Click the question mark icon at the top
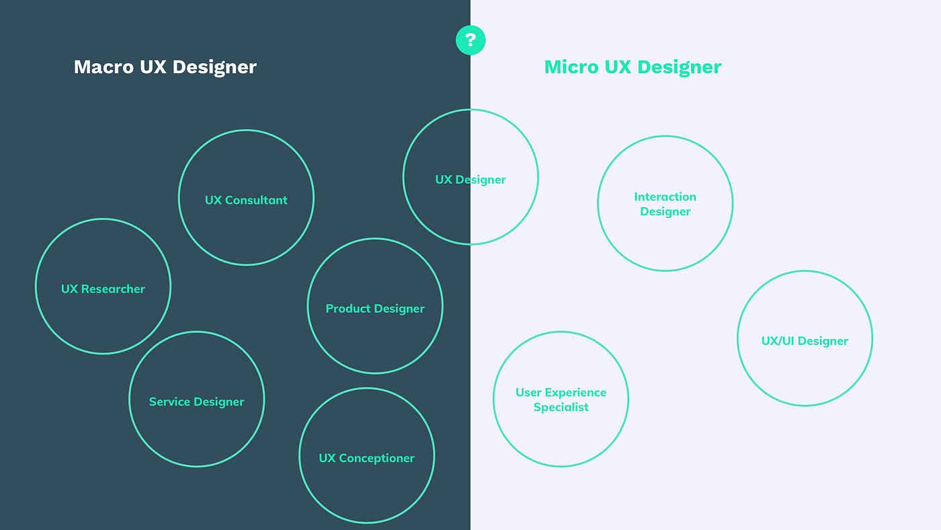coord(470,40)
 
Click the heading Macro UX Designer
coord(165,67)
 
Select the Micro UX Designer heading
coord(632,67)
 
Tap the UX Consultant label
coord(246,200)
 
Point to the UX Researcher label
coord(103,289)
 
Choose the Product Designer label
coord(375,308)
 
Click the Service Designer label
coord(196,402)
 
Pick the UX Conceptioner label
coord(366,458)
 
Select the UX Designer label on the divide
coord(470,180)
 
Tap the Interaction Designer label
coord(665,204)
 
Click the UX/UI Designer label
coord(805,340)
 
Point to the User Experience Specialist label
coord(561,400)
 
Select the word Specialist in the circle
coord(561,407)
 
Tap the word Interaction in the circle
coord(665,196)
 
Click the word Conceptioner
coord(376,458)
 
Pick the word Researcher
coord(113,289)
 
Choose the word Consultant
coord(256,200)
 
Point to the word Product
coord(349,308)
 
